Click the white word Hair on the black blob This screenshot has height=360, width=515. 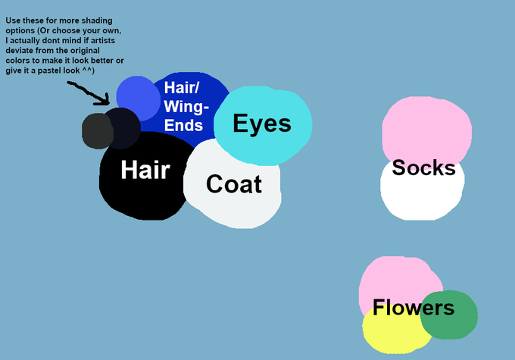click(145, 170)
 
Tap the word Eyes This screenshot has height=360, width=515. click(261, 123)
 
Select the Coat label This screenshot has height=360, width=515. click(233, 183)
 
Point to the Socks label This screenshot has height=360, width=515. click(423, 167)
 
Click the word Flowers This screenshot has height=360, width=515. click(413, 308)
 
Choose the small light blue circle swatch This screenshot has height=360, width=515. click(136, 96)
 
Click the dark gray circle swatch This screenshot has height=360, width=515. click(95, 130)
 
